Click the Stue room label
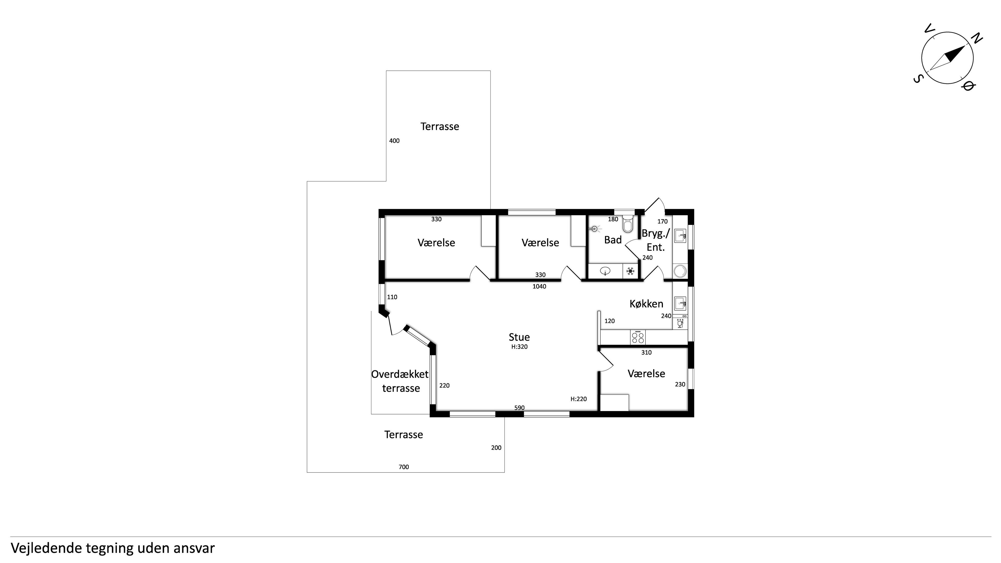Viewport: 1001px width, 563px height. click(519, 337)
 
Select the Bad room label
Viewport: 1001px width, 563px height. click(613, 240)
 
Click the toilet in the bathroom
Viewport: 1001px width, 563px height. click(627, 223)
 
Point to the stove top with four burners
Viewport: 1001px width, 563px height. click(638, 337)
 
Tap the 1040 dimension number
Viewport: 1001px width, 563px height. click(539, 287)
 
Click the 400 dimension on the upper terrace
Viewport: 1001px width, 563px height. click(394, 141)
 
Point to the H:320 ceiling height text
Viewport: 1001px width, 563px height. click(520, 347)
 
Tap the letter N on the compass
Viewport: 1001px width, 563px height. click(977, 39)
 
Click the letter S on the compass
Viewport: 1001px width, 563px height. click(918, 79)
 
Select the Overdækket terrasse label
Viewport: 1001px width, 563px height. click(400, 381)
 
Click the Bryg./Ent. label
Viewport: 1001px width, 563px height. click(656, 240)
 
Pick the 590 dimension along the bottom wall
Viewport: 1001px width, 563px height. click(520, 408)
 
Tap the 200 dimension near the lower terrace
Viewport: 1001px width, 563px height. click(496, 448)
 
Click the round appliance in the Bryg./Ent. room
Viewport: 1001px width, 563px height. click(680, 271)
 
